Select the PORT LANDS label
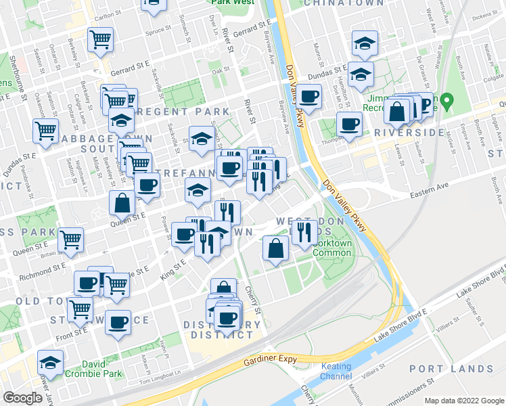pyautogui.click(x=451, y=369)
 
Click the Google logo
pyautogui.click(x=22, y=398)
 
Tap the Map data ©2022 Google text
pyautogui.click(x=464, y=400)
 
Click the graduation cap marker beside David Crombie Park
pyautogui.click(x=50, y=361)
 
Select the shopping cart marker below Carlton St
pyautogui.click(x=100, y=40)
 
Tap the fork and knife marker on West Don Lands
pyautogui.click(x=304, y=232)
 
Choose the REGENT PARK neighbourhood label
pyautogui.click(x=168, y=111)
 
